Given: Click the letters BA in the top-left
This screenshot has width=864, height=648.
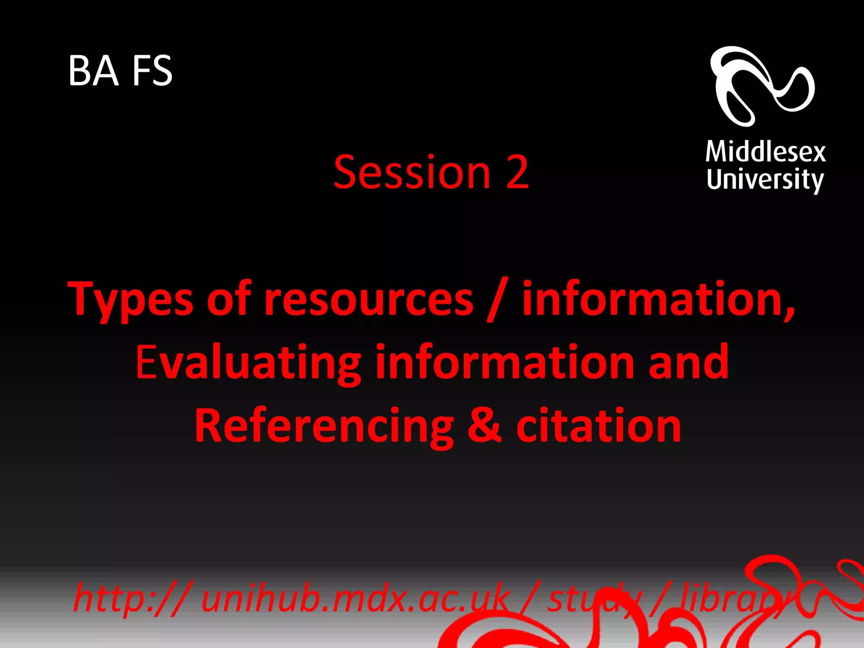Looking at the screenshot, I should coord(93,70).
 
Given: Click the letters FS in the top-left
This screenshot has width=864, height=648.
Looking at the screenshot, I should coord(152,70).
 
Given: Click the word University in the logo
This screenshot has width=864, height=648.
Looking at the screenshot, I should coord(764,180).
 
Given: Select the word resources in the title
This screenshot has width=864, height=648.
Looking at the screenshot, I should coord(369,300).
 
